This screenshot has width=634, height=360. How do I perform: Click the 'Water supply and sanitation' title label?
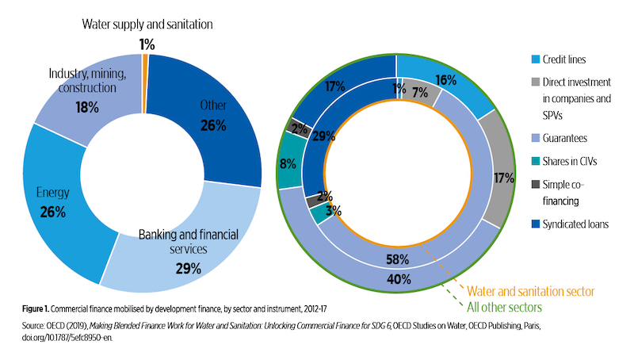click(147, 23)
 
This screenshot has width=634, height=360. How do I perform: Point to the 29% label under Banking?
click(188, 267)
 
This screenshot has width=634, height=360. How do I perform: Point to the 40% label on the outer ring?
click(398, 278)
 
